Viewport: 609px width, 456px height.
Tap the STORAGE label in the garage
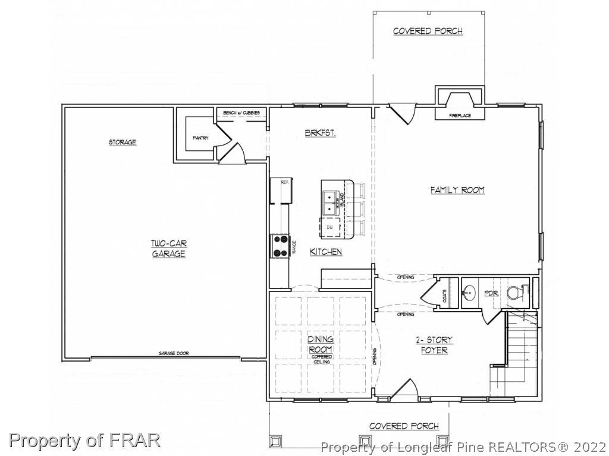click(x=123, y=142)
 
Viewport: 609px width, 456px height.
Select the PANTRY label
click(x=200, y=138)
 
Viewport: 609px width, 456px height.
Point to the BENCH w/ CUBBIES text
click(x=241, y=113)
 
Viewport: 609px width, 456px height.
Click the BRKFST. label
click(x=320, y=134)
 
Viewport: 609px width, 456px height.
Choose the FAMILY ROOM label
click(x=457, y=190)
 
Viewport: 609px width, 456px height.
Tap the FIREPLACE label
click(x=460, y=115)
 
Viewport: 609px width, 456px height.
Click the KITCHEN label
click(x=326, y=252)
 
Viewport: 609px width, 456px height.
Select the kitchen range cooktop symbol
click(x=280, y=246)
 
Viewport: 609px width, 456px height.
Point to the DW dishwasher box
click(x=329, y=227)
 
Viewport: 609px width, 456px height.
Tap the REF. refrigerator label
click(x=284, y=182)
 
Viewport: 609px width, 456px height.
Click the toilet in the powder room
click(x=516, y=293)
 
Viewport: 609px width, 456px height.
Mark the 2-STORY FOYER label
click(x=434, y=345)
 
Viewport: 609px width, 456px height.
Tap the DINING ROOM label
click(x=320, y=344)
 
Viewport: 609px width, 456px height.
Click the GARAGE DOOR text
click(x=173, y=353)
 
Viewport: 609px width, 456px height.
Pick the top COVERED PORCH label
click(x=428, y=31)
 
